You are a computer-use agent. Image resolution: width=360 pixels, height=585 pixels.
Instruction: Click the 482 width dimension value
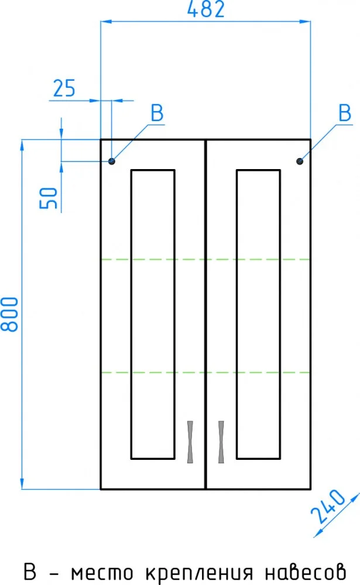click(x=206, y=9)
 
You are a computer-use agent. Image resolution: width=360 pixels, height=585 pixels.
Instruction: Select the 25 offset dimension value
click(x=64, y=88)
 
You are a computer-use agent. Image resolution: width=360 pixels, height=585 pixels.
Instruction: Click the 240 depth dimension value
click(x=328, y=506)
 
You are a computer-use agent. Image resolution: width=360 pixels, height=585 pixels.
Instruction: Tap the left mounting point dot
click(x=112, y=161)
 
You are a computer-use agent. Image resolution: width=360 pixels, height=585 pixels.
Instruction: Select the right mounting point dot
click(x=300, y=161)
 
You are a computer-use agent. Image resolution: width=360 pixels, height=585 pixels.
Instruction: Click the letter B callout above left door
click(x=157, y=113)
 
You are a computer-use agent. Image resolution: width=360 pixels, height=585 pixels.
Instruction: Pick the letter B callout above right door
click(x=345, y=113)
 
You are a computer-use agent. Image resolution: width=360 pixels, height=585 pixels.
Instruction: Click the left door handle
click(x=190, y=442)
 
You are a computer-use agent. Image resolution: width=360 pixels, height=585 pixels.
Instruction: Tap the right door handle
click(x=221, y=442)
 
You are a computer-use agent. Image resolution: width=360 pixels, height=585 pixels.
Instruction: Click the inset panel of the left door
click(x=153, y=314)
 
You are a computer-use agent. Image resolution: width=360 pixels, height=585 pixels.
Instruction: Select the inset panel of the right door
click(x=258, y=314)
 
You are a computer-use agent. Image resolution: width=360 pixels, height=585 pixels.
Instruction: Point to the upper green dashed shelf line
click(x=206, y=259)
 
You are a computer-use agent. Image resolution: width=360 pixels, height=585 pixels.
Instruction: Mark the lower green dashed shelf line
click(x=206, y=372)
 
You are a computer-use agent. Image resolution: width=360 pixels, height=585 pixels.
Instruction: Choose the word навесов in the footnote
click(x=306, y=573)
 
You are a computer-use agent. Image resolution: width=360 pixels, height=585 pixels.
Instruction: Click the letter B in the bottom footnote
click(x=30, y=572)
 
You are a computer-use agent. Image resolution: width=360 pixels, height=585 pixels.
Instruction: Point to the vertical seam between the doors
click(x=205, y=314)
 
